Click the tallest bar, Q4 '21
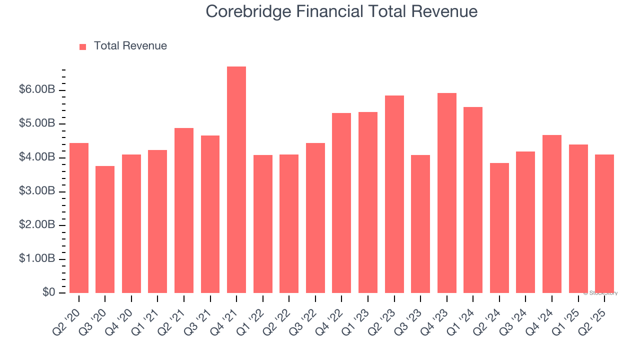pos(236,180)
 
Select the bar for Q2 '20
pos(79,218)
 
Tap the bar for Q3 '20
pos(105,229)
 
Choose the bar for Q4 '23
pos(446,193)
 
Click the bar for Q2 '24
pos(499,228)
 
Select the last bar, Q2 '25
pos(604,223)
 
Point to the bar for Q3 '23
pos(420,224)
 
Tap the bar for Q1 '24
pos(473,200)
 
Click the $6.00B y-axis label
pos(37,90)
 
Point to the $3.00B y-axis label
pos(37,191)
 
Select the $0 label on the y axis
pos(48,292)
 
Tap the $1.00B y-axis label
pos(37,259)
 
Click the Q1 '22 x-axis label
pos(250,316)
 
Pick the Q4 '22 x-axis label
pos(329,316)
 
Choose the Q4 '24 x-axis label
pos(539,316)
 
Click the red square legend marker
pos(83,46)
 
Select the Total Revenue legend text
pos(130,46)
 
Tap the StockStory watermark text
pos(600,293)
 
